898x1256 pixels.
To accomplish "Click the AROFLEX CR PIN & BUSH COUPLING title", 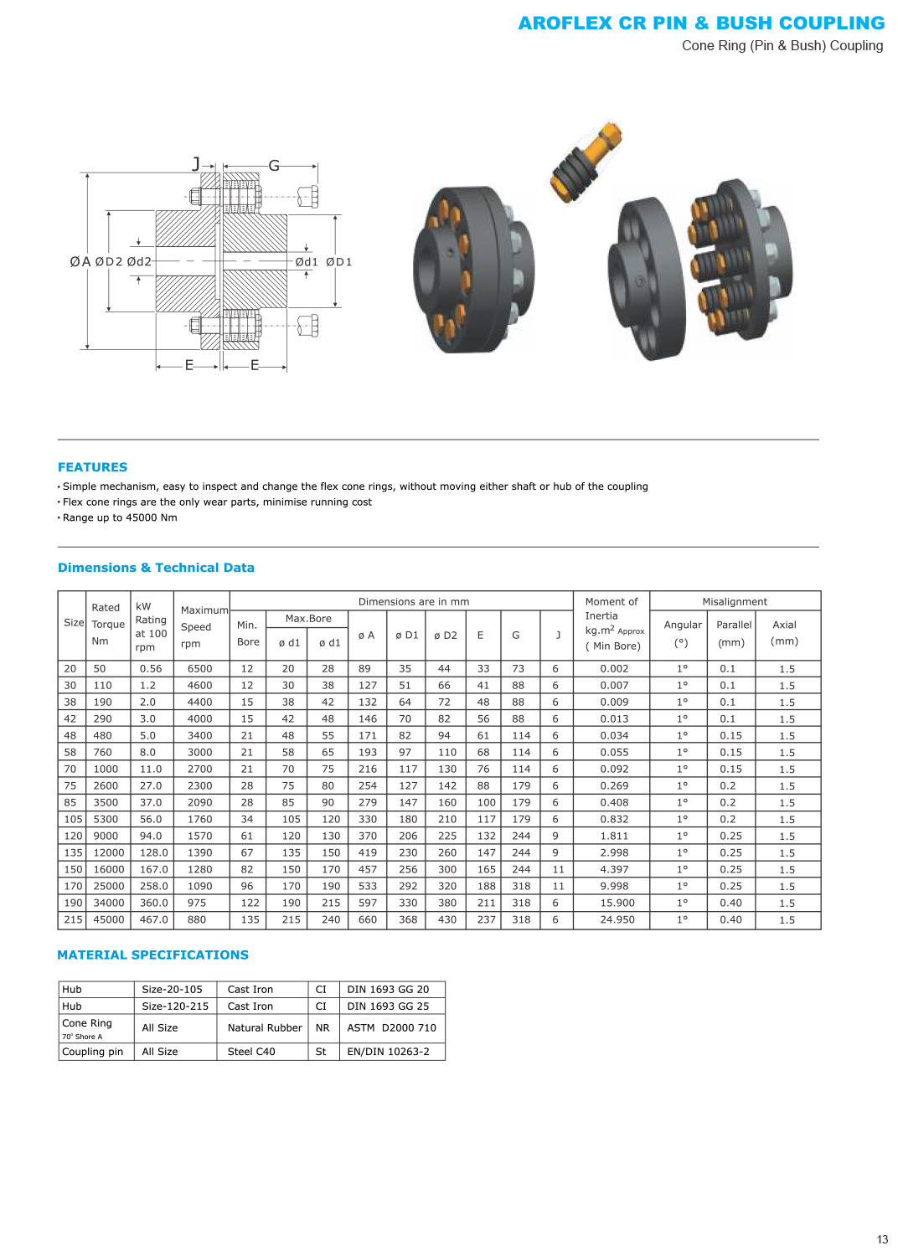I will tap(701, 23).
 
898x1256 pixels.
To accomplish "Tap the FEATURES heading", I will tap(92, 467).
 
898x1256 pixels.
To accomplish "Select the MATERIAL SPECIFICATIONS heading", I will tap(152, 955).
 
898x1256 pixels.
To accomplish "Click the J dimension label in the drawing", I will tap(196, 164).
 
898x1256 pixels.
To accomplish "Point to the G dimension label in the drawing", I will tap(274, 166).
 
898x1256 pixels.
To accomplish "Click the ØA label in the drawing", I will tap(80, 262).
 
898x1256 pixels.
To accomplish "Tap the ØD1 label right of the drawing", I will tap(338, 262).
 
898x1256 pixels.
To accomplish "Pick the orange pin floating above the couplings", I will tap(586, 162).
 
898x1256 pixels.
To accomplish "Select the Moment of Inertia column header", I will tap(613, 624).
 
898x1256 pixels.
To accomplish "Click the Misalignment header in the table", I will tap(735, 601).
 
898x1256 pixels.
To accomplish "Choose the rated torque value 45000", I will tap(108, 919).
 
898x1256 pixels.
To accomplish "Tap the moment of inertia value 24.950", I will tap(617, 919).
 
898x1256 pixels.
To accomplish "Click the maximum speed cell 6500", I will tap(199, 668).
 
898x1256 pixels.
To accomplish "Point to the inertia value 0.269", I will tap(614, 785).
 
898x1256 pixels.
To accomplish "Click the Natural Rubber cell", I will tap(265, 1027).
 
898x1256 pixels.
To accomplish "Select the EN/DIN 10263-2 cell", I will tap(388, 1051).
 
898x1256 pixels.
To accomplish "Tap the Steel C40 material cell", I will tap(251, 1051).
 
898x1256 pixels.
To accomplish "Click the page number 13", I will tap(882, 1239).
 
